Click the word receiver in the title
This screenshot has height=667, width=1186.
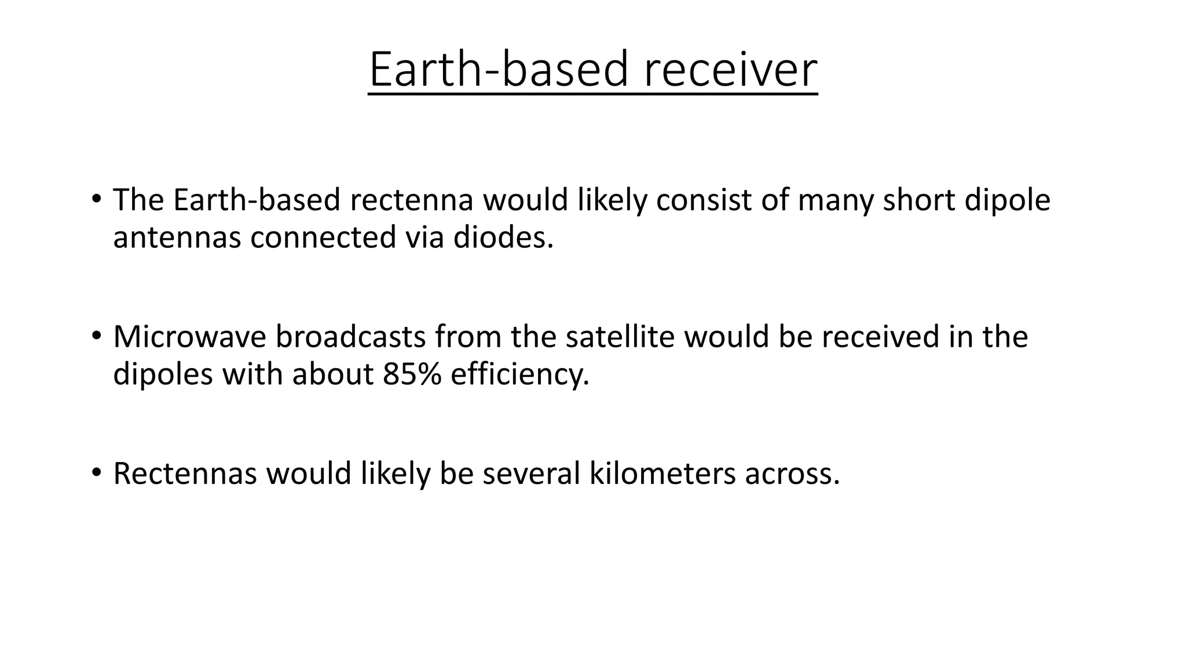click(730, 69)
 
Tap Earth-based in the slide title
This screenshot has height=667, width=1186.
click(499, 69)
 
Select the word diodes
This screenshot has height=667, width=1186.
click(503, 237)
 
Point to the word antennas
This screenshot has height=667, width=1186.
click(177, 237)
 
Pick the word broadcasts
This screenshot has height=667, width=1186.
click(350, 337)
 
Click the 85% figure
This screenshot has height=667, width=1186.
click(412, 374)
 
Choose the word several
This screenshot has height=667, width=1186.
click(531, 473)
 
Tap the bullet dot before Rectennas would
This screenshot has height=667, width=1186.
click(96, 472)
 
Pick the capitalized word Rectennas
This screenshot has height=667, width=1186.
click(185, 473)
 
